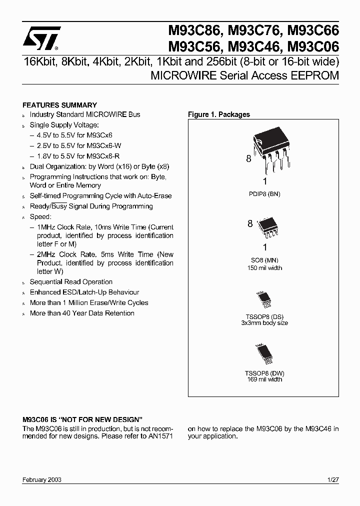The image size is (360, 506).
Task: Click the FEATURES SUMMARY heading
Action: tap(60, 105)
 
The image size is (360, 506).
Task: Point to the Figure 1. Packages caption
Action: tap(218, 114)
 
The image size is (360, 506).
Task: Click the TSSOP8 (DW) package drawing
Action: tap(264, 353)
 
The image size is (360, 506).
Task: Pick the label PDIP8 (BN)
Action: tap(264, 193)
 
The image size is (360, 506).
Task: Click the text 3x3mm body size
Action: tap(264, 323)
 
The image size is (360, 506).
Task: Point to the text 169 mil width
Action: tap(264, 379)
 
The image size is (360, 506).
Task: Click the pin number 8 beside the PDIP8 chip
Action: tap(248, 159)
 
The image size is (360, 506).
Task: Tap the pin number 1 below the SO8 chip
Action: tap(265, 247)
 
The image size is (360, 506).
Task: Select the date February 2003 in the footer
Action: tap(42, 479)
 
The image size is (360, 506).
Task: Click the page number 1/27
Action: tap(332, 479)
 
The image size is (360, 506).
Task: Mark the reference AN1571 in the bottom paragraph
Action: tap(161, 436)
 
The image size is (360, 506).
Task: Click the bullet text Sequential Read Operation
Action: tap(71, 282)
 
